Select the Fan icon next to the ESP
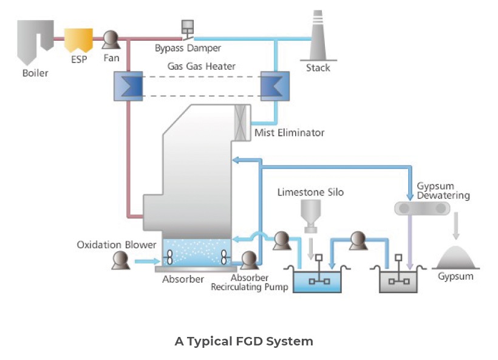(111, 40)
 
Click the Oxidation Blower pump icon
(120, 261)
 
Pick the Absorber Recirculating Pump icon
(248, 260)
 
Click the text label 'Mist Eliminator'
(290, 132)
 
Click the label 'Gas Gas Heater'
(201, 66)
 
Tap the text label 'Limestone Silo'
(310, 192)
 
